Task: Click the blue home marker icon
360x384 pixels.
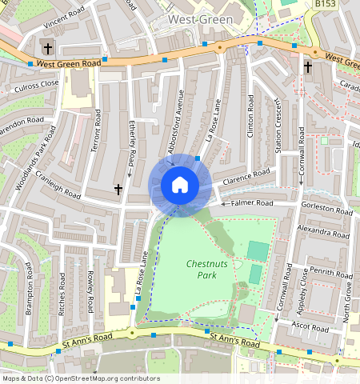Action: click(180, 185)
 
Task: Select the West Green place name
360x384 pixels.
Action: click(200, 18)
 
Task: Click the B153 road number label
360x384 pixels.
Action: click(325, 5)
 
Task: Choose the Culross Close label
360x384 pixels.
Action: click(36, 83)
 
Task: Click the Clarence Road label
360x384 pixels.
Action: click(247, 177)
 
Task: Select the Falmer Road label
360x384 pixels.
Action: click(252, 203)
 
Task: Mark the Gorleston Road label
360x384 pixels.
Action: click(326, 209)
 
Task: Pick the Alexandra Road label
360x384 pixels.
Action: click(323, 231)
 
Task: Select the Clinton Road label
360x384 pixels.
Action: click(250, 115)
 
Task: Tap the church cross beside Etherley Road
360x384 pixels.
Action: click(118, 189)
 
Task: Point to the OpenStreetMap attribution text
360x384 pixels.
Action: click(81, 378)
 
